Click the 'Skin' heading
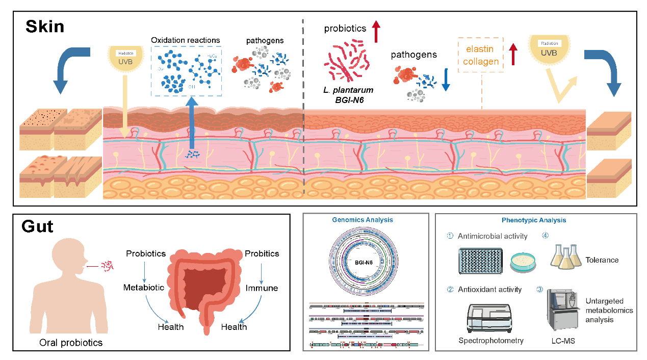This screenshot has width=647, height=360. click(x=45, y=26)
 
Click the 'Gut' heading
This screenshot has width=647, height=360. click(x=37, y=226)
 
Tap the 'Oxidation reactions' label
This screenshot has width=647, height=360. click(x=186, y=40)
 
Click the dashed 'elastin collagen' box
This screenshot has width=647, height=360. click(x=481, y=54)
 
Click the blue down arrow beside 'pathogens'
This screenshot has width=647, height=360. click(x=446, y=81)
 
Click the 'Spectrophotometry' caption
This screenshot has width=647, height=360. click(x=491, y=341)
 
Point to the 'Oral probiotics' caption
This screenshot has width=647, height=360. click(x=71, y=343)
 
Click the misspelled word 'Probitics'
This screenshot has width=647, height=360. click(x=262, y=253)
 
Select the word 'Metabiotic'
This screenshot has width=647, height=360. click(x=144, y=288)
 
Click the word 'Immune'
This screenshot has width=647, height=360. click(x=262, y=288)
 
